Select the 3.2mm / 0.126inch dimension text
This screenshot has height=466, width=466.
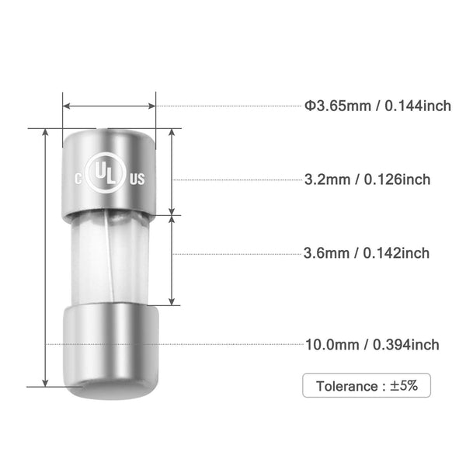[367, 179]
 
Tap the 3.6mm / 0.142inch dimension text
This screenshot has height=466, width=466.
[367, 252]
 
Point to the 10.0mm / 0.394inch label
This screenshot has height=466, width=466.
[371, 344]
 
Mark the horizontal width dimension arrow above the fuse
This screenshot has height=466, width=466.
[110, 106]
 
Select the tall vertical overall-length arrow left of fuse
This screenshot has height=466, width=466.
[46, 256]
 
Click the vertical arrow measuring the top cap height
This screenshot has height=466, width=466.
[172, 171]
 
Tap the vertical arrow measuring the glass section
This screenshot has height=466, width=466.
[172, 260]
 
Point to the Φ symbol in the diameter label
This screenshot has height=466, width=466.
[308, 106]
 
